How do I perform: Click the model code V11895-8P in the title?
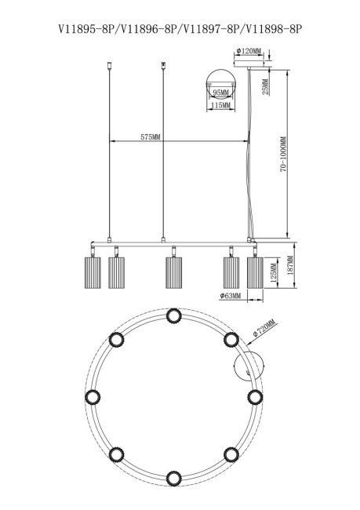pyautogui.click(x=87, y=30)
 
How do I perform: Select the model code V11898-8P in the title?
pyautogui.click(x=274, y=30)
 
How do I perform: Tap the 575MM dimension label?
pyautogui.click(x=151, y=137)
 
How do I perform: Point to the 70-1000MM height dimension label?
pyautogui.click(x=283, y=154)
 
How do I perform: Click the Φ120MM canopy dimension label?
pyautogui.click(x=249, y=51)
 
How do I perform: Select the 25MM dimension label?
pyautogui.click(x=266, y=86)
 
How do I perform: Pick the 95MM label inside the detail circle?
pyautogui.click(x=221, y=93)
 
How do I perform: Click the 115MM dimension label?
pyautogui.click(x=221, y=105)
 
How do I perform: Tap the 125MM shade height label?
pyautogui.click(x=274, y=273)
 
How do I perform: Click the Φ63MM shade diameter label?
pyautogui.click(x=230, y=296)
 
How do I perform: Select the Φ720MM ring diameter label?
pyautogui.click(x=264, y=329)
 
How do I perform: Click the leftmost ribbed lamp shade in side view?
pyautogui.click(x=93, y=272)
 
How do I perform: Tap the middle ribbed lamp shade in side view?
pyautogui.click(x=174, y=272)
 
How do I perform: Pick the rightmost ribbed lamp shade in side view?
pyautogui.click(x=255, y=272)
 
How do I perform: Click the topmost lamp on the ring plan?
pyautogui.click(x=173, y=316)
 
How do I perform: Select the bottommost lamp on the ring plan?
pyautogui.click(x=173, y=478)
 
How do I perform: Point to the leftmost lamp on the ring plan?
pyautogui.click(x=93, y=397)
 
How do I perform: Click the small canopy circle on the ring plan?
pyautogui.click(x=249, y=366)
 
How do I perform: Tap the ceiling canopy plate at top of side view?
pyautogui.click(x=249, y=64)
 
